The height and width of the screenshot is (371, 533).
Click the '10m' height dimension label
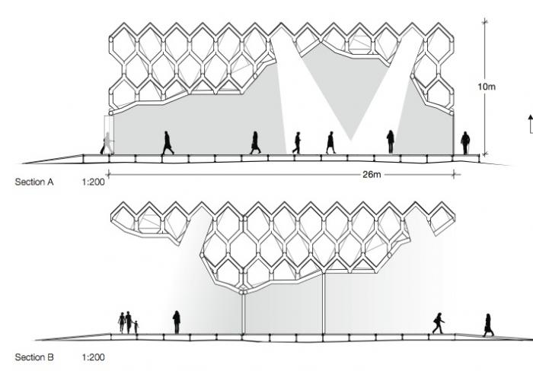[x=487, y=87]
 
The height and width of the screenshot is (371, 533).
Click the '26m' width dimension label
[x=372, y=174]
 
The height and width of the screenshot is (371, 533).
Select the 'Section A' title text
[x=34, y=182]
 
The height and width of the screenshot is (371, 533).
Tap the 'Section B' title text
[x=34, y=357]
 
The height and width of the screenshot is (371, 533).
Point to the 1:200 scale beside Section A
[x=93, y=182]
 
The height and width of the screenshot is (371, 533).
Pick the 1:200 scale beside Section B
[x=93, y=357]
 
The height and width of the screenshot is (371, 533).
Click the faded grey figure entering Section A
[x=107, y=143]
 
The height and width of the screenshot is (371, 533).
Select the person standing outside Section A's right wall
[x=465, y=143]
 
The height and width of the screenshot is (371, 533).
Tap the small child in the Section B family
[x=136, y=327]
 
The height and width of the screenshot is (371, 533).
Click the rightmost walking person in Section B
[x=488, y=325]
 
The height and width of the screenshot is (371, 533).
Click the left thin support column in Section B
[x=243, y=314]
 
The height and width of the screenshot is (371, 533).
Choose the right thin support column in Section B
[x=324, y=304]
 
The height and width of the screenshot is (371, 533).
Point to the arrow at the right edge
[x=530, y=124]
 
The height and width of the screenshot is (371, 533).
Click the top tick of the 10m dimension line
[x=485, y=22]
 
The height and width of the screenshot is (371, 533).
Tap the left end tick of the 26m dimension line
[x=108, y=175]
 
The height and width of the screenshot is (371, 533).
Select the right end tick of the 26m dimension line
[x=454, y=175]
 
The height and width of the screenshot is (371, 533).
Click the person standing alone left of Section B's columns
[x=177, y=322]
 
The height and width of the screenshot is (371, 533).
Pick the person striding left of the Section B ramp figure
[x=438, y=323]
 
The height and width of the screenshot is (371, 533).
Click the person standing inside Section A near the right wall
[x=390, y=141]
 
